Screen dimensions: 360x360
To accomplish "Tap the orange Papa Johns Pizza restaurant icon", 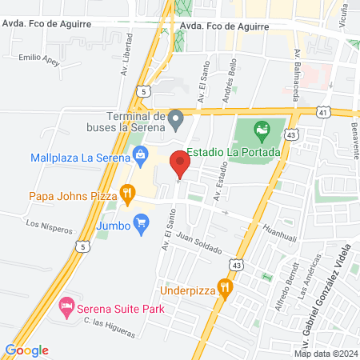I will tap(126, 193).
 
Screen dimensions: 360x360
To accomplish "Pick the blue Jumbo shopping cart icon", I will tap(142, 220).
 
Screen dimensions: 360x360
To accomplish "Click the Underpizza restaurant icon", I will tap(226, 290).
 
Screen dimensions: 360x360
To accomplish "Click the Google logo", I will tap(27, 350).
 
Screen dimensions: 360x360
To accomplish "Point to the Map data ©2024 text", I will tap(325, 354).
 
